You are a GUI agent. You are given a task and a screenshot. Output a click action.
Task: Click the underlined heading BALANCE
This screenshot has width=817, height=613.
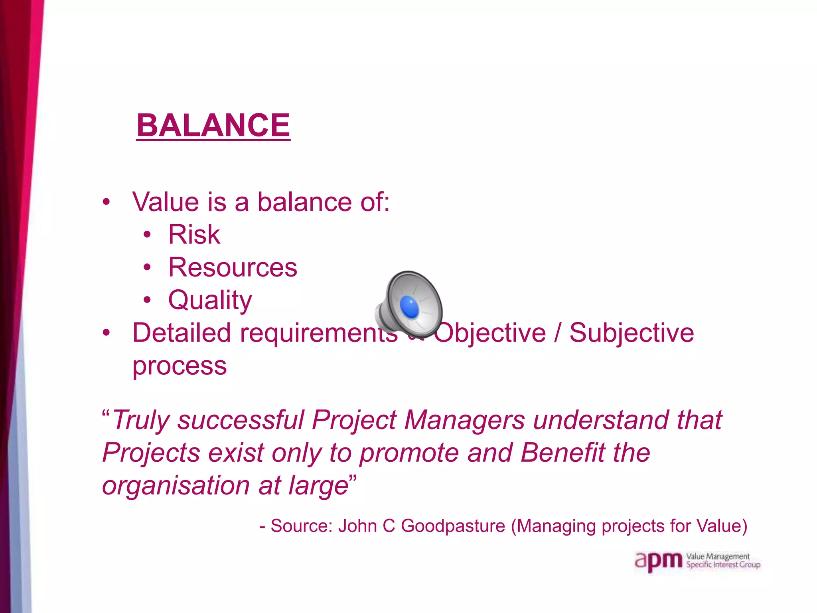tap(213, 126)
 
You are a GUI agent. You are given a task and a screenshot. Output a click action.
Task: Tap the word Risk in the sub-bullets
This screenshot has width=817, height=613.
tap(194, 234)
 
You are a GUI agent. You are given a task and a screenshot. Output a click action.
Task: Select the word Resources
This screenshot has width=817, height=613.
tap(233, 267)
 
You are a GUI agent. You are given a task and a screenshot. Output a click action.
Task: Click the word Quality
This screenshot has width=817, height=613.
tap(210, 300)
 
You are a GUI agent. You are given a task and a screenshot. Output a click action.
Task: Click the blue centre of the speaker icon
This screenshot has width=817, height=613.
tap(409, 307)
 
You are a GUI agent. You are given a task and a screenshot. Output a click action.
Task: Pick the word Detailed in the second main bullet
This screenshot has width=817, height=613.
tap(182, 332)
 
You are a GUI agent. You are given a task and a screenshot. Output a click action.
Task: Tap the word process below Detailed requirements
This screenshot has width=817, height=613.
tap(180, 366)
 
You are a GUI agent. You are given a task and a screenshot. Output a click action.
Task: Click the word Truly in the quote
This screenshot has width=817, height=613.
tap(141, 420)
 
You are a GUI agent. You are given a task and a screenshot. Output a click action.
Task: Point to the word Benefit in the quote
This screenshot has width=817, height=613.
tap(563, 453)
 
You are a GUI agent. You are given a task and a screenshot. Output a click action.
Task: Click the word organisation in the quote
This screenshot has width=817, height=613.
tap(176, 486)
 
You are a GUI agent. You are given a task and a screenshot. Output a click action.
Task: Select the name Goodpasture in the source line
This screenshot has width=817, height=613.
tap(453, 526)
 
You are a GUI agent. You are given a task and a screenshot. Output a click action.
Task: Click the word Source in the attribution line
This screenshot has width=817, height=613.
tap(301, 526)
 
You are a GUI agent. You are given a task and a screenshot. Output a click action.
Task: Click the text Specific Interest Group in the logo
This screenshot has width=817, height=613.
tap(723, 565)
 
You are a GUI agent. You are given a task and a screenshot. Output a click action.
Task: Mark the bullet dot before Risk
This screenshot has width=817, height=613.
tap(147, 235)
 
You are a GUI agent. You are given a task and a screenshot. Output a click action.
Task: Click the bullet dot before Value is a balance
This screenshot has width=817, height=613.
tap(106, 202)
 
